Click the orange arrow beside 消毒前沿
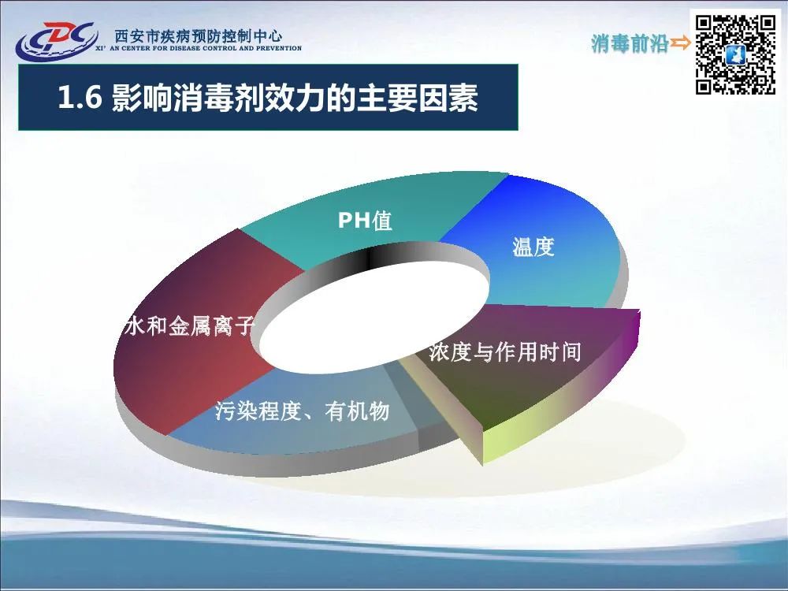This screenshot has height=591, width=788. click(681, 43)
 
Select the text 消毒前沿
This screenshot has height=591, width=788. click(630, 43)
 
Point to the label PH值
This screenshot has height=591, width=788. click(365, 220)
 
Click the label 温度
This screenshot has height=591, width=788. click(533, 247)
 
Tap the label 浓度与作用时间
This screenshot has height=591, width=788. click(505, 351)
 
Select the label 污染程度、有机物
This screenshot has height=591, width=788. click(303, 411)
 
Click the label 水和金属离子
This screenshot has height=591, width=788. click(189, 325)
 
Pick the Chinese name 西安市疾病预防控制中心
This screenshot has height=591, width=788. click(199, 36)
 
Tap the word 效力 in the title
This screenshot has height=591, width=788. click(295, 98)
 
